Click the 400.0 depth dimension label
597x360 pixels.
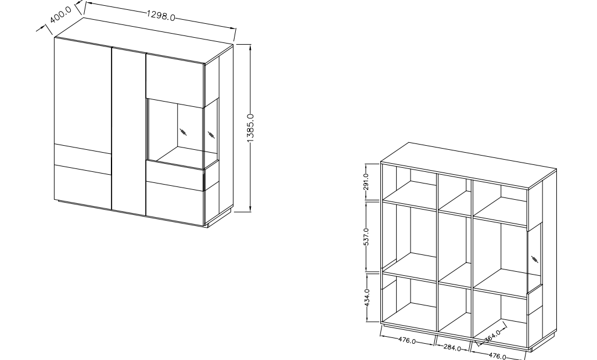click(60, 15)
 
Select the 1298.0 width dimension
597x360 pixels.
click(161, 16)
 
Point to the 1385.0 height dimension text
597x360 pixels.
click(250, 128)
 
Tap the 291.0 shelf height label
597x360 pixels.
click(366, 182)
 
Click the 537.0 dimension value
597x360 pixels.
click(366, 237)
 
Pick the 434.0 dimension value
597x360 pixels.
click(366, 298)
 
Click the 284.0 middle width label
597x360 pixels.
click(452, 348)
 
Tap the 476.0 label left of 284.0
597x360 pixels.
click(407, 340)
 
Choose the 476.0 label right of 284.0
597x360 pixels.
click(497, 356)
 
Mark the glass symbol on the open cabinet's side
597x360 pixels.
click(534, 260)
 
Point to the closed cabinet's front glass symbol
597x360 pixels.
click(184, 132)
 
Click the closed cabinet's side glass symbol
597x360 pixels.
click(211, 135)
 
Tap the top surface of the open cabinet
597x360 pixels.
click(469, 165)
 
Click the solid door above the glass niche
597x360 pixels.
click(175, 81)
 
